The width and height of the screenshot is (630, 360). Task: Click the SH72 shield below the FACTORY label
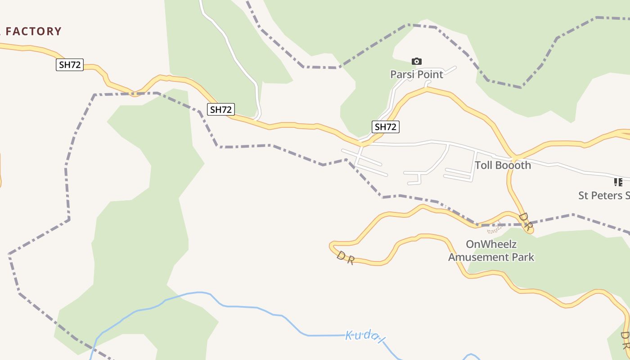pos(70,65)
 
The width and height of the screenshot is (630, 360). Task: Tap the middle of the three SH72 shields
pos(221,109)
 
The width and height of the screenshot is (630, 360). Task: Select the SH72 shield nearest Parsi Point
pos(386,127)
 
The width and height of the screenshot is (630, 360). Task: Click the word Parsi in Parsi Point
pos(403,74)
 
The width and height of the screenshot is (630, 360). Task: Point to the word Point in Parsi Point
pos(431,74)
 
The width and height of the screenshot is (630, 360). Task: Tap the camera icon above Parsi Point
pos(417,61)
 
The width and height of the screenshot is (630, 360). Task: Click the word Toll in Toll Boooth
pos(484,165)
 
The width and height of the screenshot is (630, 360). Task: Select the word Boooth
pos(513,165)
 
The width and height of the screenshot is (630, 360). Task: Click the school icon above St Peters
pos(618,182)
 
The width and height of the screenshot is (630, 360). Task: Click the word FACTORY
pos(33,31)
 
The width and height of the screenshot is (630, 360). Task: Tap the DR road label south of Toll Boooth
pos(526,221)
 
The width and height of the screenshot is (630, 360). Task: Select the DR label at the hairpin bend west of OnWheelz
pos(345,258)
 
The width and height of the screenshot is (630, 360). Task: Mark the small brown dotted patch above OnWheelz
pos(495,229)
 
